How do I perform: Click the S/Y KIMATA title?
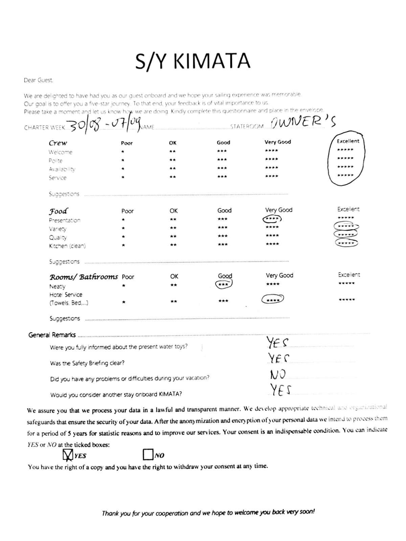193,61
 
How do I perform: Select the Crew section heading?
58,143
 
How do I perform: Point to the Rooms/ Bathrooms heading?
84,277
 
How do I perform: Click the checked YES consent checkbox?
68,455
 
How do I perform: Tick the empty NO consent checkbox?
148,454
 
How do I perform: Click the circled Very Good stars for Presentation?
272,219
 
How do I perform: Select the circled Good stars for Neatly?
224,284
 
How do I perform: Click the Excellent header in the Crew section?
348,141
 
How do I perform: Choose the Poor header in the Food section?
128,211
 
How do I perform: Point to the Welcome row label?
60,152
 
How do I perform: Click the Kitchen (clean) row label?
67,246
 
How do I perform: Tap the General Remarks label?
52,335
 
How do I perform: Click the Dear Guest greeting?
38,80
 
